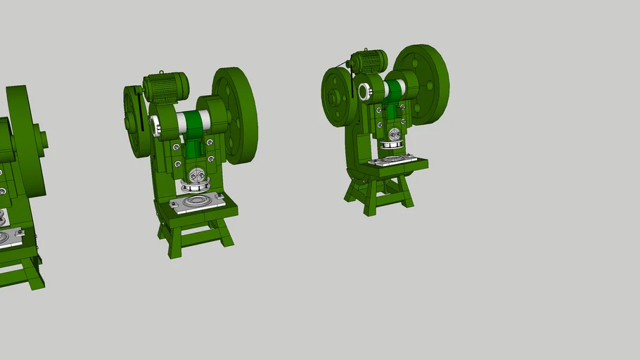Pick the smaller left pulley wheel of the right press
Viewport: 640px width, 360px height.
click(x=336, y=97)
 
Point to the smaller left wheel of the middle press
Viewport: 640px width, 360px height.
click(x=134, y=122)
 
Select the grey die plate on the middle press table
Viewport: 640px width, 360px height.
click(x=197, y=202)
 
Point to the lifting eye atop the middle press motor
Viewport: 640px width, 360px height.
click(x=162, y=72)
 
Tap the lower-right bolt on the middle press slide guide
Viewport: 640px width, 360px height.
click(x=211, y=162)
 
